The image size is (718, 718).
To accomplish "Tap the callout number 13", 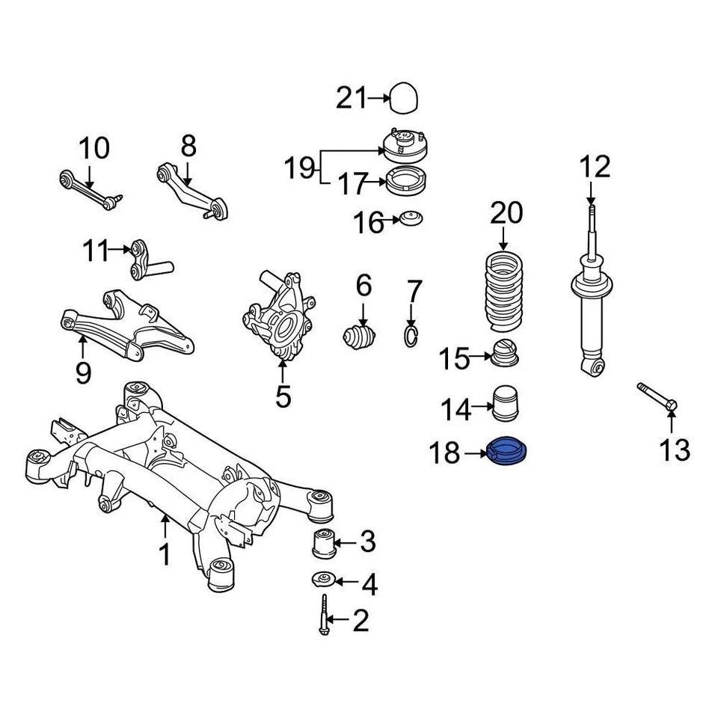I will (674, 449).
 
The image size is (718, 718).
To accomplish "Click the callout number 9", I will (83, 371).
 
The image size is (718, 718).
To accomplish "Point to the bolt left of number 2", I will (324, 616).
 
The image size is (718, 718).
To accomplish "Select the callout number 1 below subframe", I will (165, 555).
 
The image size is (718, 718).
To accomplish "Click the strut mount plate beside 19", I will (405, 144).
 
